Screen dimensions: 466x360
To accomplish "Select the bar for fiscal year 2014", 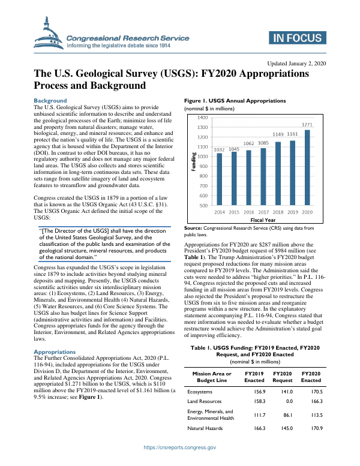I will (x=220, y=179).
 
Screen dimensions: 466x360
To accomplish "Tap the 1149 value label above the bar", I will (x=278, y=134).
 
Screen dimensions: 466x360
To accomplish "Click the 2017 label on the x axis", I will (x=263, y=212).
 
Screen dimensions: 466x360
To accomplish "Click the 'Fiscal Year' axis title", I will (x=263, y=220).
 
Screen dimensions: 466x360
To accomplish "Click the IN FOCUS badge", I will (x=298, y=39).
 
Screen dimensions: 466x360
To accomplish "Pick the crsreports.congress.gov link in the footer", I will (x=179, y=447).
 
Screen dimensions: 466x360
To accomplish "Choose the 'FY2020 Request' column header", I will (x=283, y=377).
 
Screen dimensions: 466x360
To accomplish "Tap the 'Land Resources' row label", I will (x=205, y=401).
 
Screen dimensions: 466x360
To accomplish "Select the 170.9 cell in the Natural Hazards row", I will (x=311, y=428).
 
